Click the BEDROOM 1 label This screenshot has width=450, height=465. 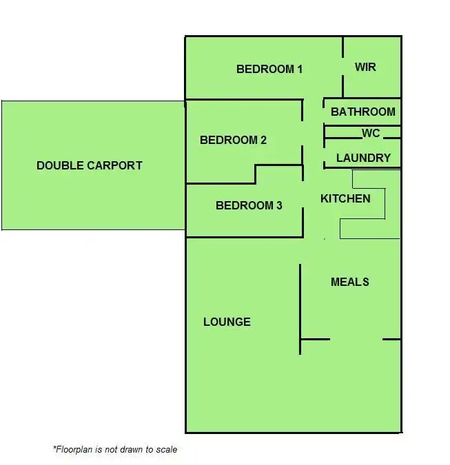(x=269, y=69)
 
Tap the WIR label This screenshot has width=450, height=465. (x=365, y=67)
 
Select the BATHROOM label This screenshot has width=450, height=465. (x=363, y=112)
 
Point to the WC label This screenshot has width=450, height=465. (x=371, y=133)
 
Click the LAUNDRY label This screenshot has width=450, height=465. (x=363, y=158)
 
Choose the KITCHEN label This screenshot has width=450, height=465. (x=345, y=198)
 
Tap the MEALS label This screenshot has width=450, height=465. (x=349, y=282)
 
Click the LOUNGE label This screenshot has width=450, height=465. (x=227, y=322)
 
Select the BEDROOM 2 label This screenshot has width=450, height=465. (x=233, y=140)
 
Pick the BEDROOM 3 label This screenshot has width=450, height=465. (x=249, y=205)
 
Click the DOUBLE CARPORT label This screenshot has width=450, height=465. (x=90, y=165)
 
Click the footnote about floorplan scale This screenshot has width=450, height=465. (x=115, y=449)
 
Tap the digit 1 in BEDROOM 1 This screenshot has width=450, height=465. (x=299, y=69)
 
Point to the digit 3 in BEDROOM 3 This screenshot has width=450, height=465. (x=278, y=205)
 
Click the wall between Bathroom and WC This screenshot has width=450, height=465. (x=362, y=126)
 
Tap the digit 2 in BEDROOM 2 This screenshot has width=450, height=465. (x=263, y=140)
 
